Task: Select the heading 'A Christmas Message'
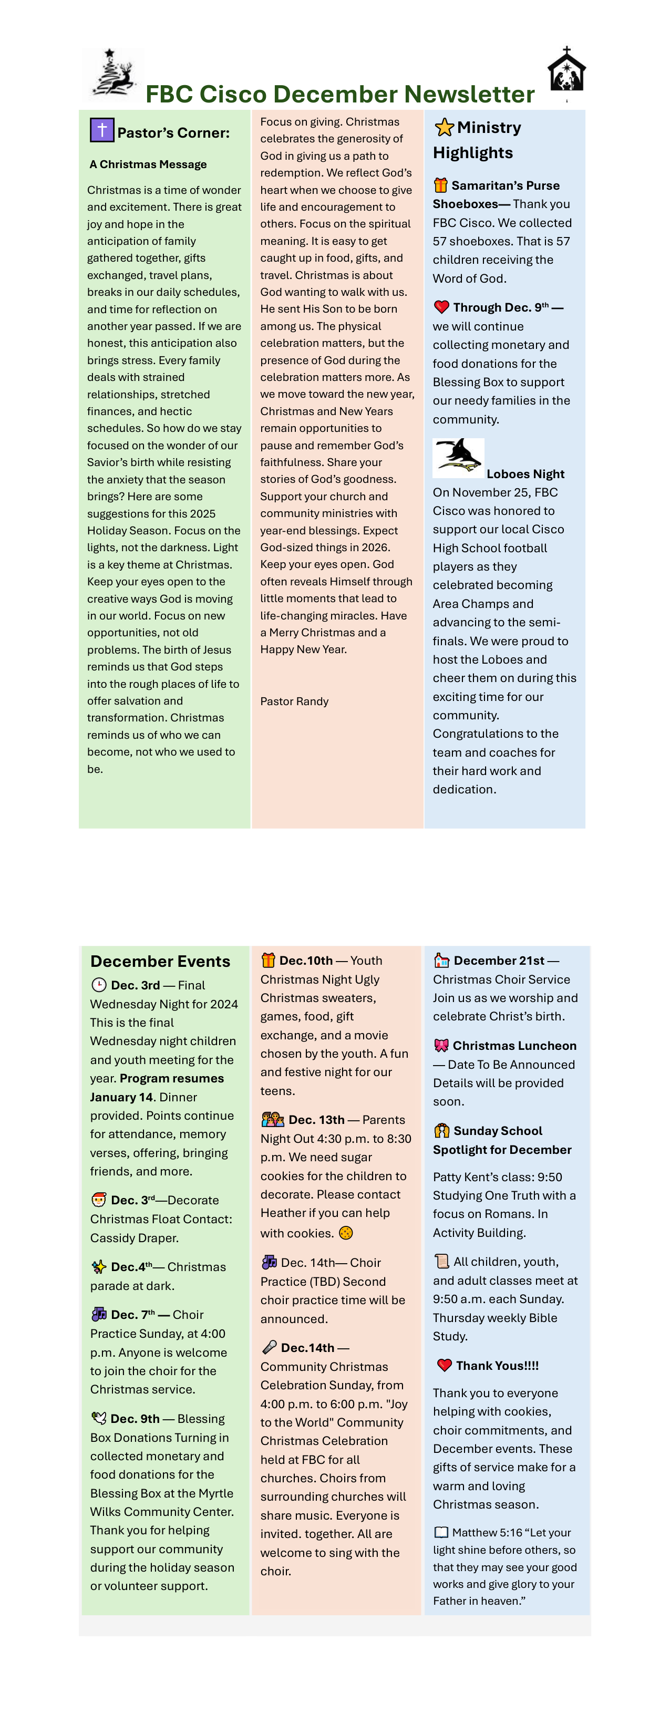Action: pos(148,164)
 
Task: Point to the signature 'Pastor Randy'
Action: pos(294,701)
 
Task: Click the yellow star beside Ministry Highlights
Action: pos(444,127)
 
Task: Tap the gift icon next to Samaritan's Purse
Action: pos(440,185)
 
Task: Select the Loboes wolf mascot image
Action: pos(458,457)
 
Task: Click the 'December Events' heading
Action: pos(160,961)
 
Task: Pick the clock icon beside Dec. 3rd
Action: pos(99,985)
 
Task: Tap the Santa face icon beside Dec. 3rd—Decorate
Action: pos(99,1200)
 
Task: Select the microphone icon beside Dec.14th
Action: pos(269,1347)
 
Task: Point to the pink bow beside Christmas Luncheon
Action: pos(441,1045)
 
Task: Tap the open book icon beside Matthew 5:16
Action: pos(441,1532)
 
